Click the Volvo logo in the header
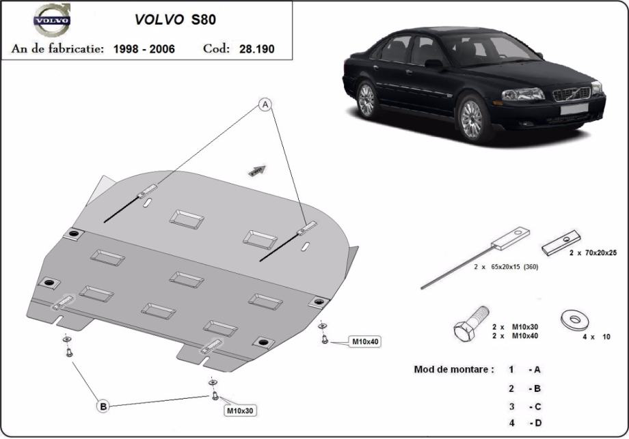coord(51,20)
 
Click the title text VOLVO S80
coord(175,20)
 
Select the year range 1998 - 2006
coord(144,49)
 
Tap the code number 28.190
coord(257,49)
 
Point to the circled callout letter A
coord(265,105)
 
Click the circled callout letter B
coord(103,406)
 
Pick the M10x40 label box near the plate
coord(364,341)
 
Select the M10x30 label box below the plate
coord(240,410)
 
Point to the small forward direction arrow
coord(257,170)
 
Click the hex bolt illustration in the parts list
coord(471,323)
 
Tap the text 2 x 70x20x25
coord(593,253)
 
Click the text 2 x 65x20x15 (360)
coord(506,267)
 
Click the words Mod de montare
coord(453,369)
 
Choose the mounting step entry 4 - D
coord(525,423)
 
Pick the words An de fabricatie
coord(57,49)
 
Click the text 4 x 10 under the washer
coord(596,337)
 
